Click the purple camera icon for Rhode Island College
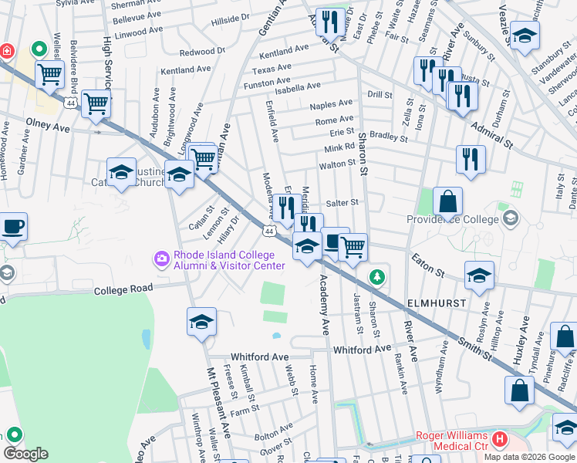pos(161,257)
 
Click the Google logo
pos(25,454)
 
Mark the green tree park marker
pos(376,275)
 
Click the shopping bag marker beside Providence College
pos(447,202)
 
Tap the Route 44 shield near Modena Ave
pos(268,231)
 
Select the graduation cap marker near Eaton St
pos(479,275)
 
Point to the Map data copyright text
pos(529,457)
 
